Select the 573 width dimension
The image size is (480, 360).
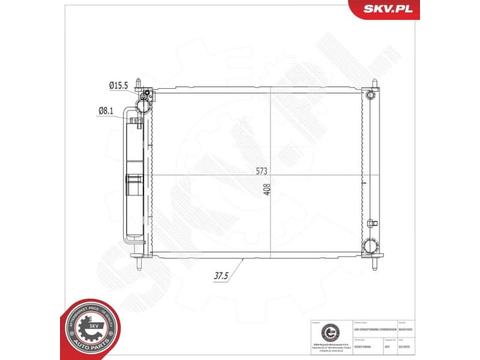click(x=262, y=172)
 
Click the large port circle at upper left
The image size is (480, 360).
click(x=143, y=106)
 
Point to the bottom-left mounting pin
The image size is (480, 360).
click(x=139, y=265)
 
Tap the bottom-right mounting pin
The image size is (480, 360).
click(x=376, y=265)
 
